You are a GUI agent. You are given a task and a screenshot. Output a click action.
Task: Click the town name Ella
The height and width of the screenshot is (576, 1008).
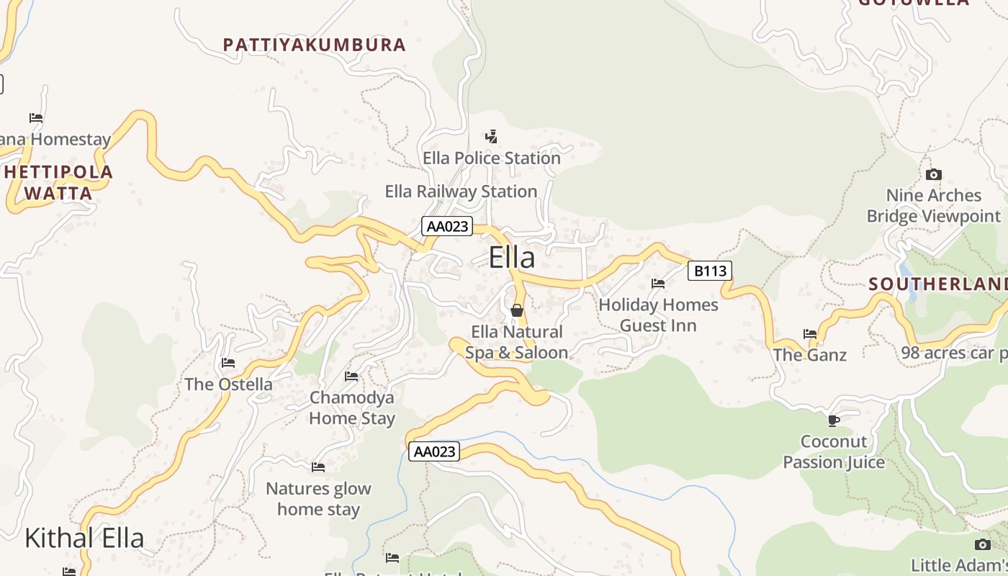click(x=512, y=258)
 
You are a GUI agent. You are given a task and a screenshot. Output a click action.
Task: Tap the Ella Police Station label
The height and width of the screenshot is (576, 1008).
click(x=492, y=158)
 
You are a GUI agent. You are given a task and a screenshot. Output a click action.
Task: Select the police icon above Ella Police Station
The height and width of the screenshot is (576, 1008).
click(x=492, y=136)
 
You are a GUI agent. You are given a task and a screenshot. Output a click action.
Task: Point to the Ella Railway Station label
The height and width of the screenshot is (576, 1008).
click(x=461, y=192)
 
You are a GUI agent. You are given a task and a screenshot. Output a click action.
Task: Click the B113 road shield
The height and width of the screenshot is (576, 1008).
click(x=710, y=271)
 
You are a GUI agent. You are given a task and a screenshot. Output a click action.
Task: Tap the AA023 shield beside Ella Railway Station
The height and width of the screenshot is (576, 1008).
click(x=447, y=226)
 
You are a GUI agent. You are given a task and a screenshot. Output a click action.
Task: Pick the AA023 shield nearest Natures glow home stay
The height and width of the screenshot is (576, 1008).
click(x=434, y=451)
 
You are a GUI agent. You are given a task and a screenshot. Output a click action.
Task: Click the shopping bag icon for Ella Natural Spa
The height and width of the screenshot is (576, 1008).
click(x=516, y=310)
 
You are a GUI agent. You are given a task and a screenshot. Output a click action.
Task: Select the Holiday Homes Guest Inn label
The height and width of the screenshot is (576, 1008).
click(x=658, y=315)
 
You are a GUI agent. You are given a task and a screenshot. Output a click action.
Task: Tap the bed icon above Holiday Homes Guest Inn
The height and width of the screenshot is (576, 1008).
click(x=658, y=284)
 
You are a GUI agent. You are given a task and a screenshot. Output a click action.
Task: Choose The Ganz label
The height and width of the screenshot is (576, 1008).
click(x=810, y=355)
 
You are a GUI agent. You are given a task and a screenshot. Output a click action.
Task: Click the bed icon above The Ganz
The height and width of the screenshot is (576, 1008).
click(x=810, y=333)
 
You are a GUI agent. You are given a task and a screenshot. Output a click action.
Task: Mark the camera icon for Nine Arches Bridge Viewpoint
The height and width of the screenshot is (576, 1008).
click(x=934, y=174)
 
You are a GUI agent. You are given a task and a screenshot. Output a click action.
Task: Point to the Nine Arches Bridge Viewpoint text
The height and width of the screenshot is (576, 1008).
click(x=934, y=206)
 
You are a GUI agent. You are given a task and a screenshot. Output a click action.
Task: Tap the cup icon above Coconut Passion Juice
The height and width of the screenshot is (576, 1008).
click(x=834, y=420)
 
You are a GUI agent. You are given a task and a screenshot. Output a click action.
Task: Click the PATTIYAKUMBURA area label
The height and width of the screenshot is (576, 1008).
click(x=315, y=45)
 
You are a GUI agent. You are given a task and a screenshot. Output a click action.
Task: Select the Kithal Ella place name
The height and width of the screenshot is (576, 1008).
click(x=84, y=538)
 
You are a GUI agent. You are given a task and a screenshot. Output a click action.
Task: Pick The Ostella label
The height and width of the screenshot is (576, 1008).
click(x=228, y=384)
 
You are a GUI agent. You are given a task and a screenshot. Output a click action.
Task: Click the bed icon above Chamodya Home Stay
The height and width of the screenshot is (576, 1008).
click(x=351, y=376)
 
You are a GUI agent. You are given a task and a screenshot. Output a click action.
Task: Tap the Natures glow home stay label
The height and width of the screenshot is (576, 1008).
click(x=318, y=499)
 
